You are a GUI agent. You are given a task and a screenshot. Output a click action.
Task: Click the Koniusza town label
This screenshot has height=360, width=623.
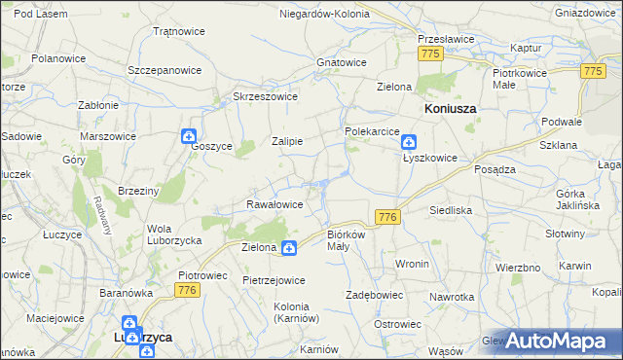[x=450, y=109]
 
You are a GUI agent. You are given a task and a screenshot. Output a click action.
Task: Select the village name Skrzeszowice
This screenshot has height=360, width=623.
[x=265, y=96]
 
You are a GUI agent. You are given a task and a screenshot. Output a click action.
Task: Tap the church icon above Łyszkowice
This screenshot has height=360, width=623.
[x=409, y=141]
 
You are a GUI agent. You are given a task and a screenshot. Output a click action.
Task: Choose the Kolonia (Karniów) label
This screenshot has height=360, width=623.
[x=297, y=311]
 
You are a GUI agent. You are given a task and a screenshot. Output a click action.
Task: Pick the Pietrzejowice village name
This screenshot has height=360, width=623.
[x=274, y=280]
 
